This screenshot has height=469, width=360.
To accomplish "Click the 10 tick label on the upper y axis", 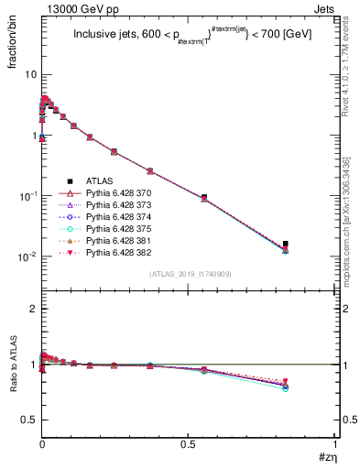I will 30,74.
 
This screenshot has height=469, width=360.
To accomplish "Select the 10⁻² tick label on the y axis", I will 27,256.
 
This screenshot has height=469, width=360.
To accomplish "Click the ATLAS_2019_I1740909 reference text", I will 190,274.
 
